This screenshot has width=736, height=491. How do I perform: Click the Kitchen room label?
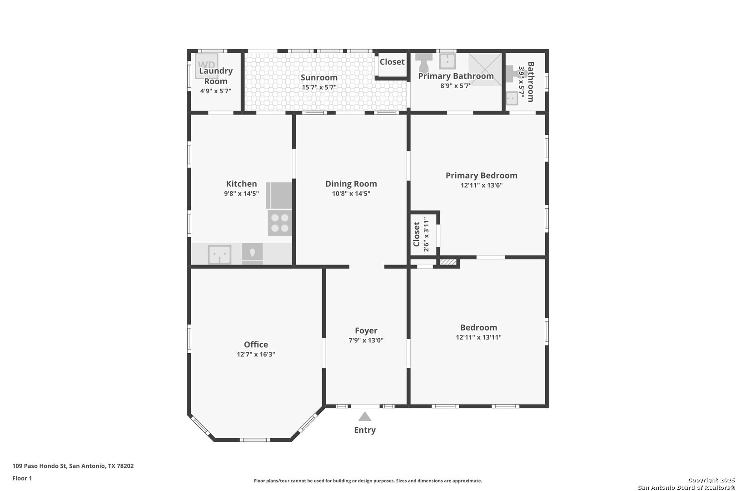coord(241,184)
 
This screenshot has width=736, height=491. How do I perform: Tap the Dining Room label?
coord(351,184)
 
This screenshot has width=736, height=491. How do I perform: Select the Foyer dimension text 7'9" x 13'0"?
coord(366,341)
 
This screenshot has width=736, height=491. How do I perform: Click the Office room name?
coord(256,344)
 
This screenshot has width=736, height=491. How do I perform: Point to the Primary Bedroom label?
coord(482,175)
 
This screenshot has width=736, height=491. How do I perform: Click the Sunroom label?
coord(319,77)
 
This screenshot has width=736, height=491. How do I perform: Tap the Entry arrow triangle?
coord(365,417)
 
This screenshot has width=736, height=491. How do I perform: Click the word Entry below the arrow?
coord(365,430)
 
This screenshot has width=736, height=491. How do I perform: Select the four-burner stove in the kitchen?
coord(279,223)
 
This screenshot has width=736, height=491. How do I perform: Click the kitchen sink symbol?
coord(219,254)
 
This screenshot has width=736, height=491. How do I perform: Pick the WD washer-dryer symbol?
coord(207,66)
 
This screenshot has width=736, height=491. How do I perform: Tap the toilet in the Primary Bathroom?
coord(424,62)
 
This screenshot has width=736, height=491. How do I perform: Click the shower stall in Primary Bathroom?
coord(485,70)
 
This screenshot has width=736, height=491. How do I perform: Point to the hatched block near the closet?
coord(448,262)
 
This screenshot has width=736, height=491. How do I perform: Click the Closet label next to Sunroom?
coord(392,62)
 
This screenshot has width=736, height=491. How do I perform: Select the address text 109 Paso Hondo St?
coord(40,466)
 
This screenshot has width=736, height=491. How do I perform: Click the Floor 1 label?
coord(22,478)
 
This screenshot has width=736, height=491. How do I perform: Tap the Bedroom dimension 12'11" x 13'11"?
coord(478,337)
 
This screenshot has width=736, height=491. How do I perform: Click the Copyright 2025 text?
coord(711,480)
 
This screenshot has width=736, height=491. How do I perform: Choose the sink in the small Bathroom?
coord(512,98)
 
